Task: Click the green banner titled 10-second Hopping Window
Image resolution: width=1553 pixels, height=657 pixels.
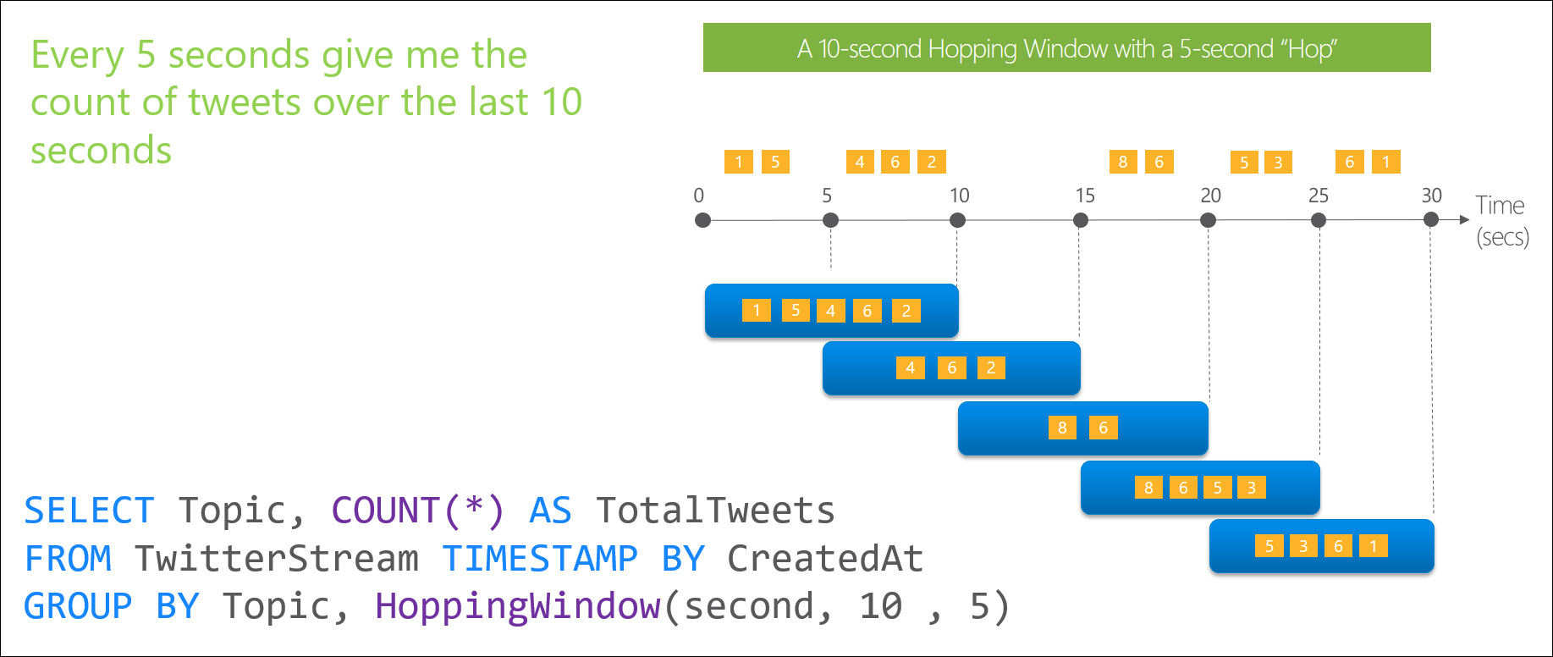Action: point(1066,48)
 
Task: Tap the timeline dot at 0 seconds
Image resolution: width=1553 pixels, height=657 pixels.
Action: point(702,220)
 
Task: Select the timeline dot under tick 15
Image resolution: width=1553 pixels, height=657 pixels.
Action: point(1081,220)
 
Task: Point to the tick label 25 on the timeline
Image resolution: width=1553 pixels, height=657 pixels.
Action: point(1318,196)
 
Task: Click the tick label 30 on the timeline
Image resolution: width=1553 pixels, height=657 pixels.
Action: point(1431,196)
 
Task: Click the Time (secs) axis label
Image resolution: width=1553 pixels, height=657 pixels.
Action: point(1501,220)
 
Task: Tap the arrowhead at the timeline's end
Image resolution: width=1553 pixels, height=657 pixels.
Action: point(1464,220)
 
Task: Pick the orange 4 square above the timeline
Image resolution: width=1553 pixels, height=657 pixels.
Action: point(860,162)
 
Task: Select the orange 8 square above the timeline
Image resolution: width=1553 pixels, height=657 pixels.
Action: point(1123,162)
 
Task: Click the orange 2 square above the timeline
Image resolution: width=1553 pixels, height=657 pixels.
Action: point(931,162)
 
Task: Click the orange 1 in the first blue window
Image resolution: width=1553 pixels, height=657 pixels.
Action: point(756,311)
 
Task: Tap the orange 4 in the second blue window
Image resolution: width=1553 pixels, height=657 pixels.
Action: point(910,367)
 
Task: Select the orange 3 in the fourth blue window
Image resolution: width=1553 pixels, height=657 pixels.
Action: point(1251,488)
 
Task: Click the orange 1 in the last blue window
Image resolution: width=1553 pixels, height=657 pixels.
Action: point(1373,546)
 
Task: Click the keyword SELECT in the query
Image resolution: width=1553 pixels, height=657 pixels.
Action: point(89,511)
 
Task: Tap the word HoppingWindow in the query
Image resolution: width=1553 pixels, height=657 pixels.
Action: point(517,606)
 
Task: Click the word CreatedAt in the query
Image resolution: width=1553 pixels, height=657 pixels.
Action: point(824,559)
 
